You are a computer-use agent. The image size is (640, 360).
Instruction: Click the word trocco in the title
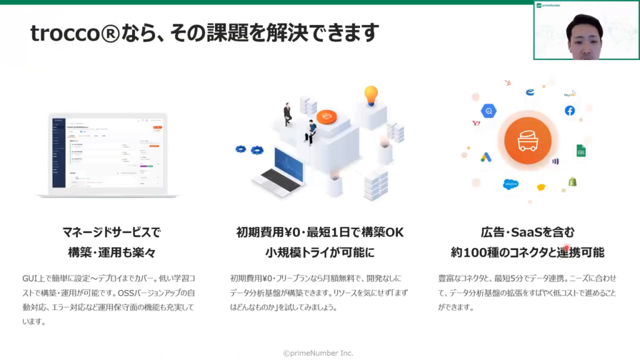pos(65,33)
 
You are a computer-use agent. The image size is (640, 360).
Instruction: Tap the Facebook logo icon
pos(570,111)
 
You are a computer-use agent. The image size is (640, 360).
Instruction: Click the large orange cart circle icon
pos(527,141)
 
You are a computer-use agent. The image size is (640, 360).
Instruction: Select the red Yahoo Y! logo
pos(476,123)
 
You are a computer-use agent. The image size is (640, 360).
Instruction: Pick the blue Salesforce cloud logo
pos(511,184)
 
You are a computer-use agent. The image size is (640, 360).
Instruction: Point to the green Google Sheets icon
pos(581,151)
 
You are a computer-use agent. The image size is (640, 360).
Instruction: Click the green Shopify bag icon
pos(572,182)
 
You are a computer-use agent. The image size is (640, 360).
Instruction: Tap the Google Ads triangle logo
pos(486,157)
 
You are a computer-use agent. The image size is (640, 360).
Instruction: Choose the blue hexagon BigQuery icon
pos(489,111)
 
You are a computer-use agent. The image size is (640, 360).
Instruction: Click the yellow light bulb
pos(371,96)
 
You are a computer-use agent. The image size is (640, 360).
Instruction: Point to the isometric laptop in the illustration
pos(279,173)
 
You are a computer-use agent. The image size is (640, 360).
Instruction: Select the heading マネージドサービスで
pos(111,232)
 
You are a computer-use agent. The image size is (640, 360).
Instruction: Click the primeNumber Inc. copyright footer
pos(318,353)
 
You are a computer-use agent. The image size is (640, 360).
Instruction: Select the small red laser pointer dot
pos(566,247)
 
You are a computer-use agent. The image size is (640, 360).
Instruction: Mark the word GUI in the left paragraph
pos(29,278)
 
